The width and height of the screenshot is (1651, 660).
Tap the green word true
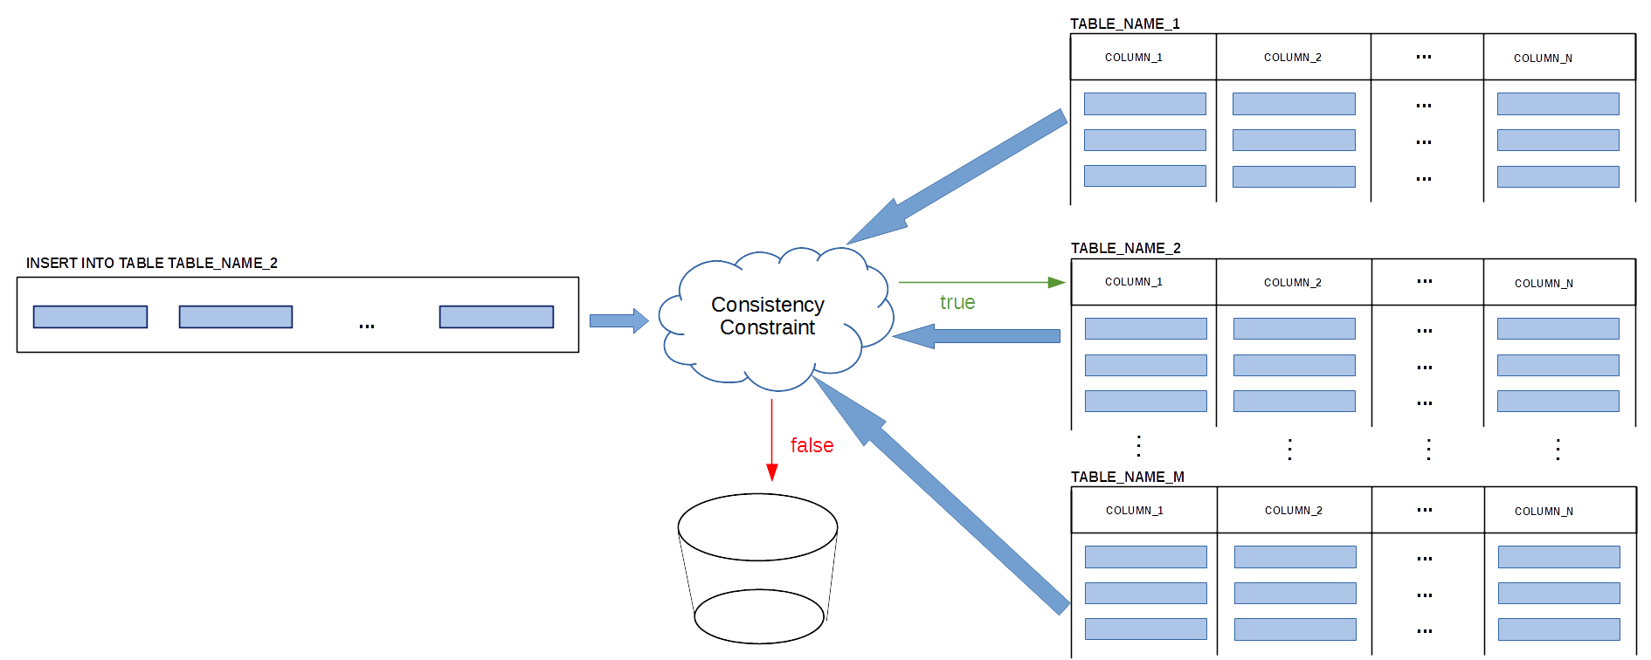point(957,302)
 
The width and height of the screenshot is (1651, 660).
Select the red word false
point(812,445)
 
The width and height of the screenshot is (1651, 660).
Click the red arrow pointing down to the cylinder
point(772,440)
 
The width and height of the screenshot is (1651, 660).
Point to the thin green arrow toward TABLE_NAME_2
point(982,282)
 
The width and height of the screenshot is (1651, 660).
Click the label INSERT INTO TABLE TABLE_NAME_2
point(152,263)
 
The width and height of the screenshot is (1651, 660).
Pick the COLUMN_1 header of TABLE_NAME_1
point(1134,58)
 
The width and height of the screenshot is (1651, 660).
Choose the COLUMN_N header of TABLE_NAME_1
point(1543,58)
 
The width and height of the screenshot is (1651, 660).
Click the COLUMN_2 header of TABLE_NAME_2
point(1293,283)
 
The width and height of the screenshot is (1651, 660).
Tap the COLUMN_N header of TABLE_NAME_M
point(1544,512)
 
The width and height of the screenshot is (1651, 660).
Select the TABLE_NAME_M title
point(1128,477)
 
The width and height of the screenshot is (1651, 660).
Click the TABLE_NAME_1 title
point(1125,24)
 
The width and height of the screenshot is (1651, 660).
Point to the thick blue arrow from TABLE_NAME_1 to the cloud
point(957,177)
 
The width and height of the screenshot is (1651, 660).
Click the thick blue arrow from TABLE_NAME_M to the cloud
point(941,495)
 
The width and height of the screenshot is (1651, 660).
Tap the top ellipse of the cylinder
point(758,526)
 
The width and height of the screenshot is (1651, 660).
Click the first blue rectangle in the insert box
point(90,316)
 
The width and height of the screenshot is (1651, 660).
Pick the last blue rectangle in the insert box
point(496,316)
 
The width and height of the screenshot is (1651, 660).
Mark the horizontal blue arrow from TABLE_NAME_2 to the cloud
point(976,336)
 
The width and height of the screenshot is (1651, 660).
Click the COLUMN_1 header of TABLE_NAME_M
point(1135,511)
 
